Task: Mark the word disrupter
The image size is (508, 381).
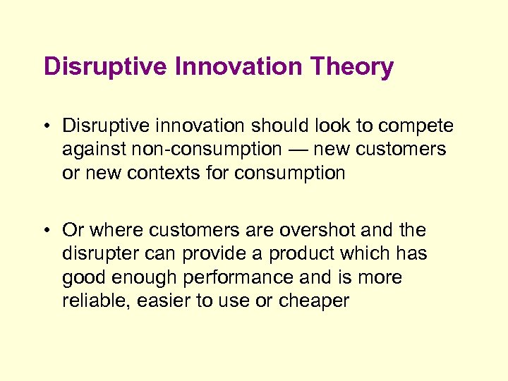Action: pos(99,254)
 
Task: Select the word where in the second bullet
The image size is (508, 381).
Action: pos(115,231)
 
